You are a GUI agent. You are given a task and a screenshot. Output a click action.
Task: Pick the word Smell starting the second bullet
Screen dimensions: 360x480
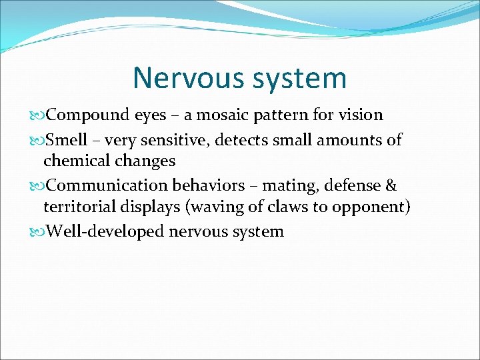(x=67, y=139)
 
